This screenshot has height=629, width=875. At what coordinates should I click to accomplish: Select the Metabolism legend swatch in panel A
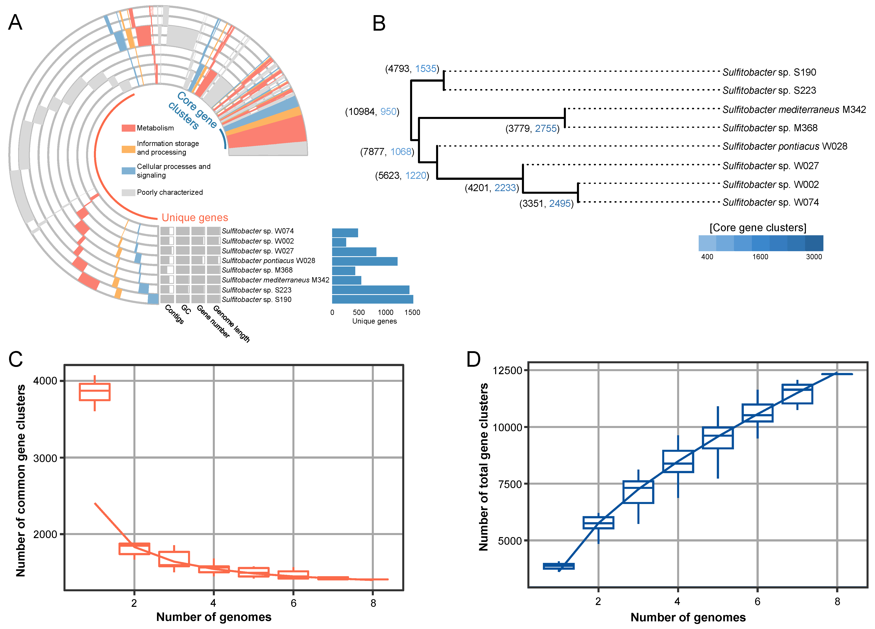tap(128, 128)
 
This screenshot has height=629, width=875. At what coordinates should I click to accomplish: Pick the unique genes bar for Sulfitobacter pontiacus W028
tap(365, 261)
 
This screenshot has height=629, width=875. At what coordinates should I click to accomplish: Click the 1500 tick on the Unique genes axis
tap(412, 312)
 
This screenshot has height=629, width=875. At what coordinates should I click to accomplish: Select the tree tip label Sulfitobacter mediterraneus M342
tap(794, 110)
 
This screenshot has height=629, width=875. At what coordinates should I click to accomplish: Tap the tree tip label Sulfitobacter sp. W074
tap(770, 202)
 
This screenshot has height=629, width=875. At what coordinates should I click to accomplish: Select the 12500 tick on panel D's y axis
tap(507, 371)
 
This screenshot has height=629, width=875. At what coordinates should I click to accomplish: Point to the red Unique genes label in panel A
tap(195, 218)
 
